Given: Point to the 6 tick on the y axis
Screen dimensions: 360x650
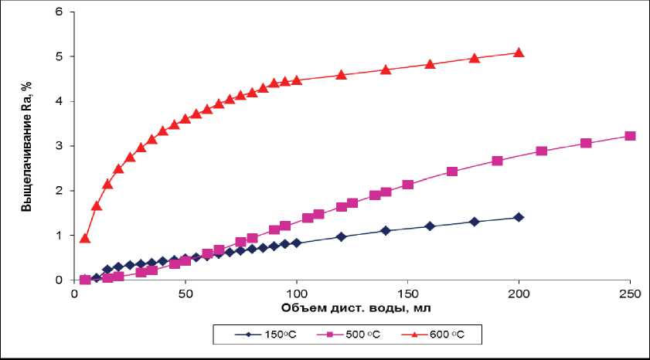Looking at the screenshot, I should pos(61,12).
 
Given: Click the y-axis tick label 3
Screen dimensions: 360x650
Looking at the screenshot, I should pos(61,146).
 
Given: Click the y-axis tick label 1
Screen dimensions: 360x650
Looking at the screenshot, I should pos(61,235).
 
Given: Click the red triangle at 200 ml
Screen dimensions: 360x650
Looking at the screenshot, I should pos(519,53).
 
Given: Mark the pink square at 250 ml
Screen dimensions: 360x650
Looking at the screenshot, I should pos(630,136).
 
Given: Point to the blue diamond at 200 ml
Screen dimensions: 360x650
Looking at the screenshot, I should pos(519,217).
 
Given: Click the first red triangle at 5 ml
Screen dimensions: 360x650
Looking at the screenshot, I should pos(85,238).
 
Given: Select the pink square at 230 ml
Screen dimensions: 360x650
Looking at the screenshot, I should pos(586,143).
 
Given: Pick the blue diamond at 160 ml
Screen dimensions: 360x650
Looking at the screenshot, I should pos(430,226).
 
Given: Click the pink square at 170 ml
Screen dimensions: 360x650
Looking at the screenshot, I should pos(452,172).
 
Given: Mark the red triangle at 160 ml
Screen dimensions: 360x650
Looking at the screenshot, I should pos(430,64).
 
